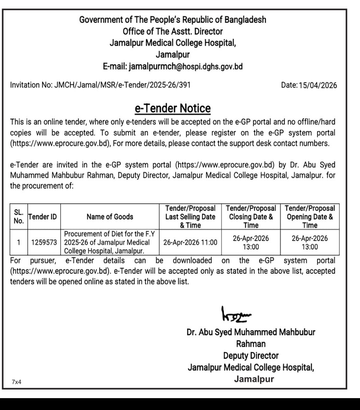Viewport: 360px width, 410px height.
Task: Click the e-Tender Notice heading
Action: (x=172, y=109)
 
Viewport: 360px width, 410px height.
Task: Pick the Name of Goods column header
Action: (x=110, y=217)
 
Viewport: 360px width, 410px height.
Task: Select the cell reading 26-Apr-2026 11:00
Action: (x=190, y=243)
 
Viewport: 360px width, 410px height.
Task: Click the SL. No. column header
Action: (x=18, y=216)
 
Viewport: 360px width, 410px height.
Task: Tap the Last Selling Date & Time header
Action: (x=190, y=217)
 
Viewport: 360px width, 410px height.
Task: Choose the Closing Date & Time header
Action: (x=251, y=217)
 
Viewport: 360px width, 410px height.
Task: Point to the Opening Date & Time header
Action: (x=310, y=217)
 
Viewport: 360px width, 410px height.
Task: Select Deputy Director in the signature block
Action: (x=251, y=356)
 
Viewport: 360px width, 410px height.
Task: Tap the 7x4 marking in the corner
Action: (x=17, y=382)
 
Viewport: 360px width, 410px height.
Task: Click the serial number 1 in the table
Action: (x=18, y=243)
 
